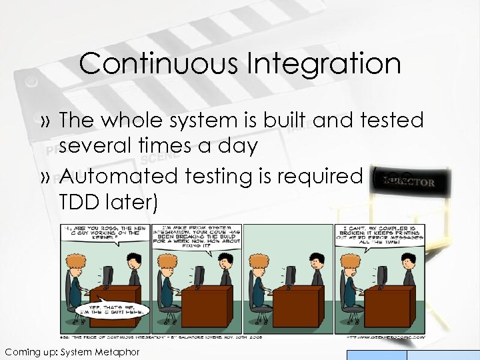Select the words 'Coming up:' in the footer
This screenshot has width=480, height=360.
click(29, 351)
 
